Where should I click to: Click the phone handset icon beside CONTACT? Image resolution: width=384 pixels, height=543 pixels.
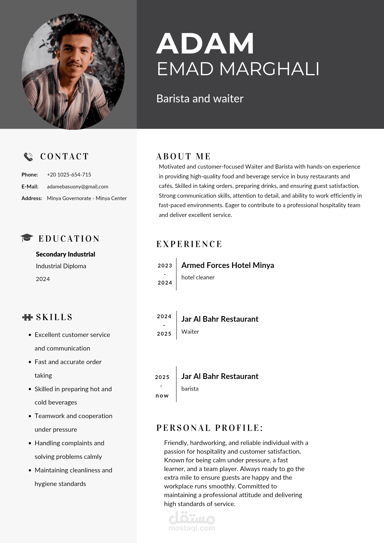pos(28,157)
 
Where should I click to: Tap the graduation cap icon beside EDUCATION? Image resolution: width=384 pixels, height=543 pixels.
pos(27,238)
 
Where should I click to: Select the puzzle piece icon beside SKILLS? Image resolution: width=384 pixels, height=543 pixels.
pos(27,317)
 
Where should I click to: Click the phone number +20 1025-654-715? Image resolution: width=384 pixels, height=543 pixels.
pos(69,175)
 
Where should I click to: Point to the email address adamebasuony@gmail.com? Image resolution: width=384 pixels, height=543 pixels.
pos(77,187)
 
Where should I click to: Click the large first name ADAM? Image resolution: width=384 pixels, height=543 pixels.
pos(205,43)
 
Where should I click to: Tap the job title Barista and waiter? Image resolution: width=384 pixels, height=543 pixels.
pos(200,99)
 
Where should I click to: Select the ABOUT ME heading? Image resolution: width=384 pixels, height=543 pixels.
pos(184,156)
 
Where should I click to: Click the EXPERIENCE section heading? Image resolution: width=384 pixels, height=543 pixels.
pos(189,244)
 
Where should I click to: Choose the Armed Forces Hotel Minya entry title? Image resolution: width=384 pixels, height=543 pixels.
pos(228,265)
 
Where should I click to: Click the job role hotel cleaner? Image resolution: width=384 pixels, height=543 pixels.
pos(198,277)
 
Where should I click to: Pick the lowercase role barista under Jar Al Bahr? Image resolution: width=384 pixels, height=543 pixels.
pos(190,389)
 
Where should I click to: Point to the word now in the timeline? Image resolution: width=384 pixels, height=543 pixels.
pos(162,396)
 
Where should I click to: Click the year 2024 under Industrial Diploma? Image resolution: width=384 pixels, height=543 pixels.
pos(43,279)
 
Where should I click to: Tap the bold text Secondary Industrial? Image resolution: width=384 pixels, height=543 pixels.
pos(65,254)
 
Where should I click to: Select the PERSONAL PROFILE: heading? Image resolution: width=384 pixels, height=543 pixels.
pos(210,428)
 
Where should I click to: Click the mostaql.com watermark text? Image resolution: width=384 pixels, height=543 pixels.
pos(192,528)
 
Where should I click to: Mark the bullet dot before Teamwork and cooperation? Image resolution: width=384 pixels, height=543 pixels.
pos(30,416)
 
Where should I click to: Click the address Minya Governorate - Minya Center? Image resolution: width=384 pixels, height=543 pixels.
pos(87,198)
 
